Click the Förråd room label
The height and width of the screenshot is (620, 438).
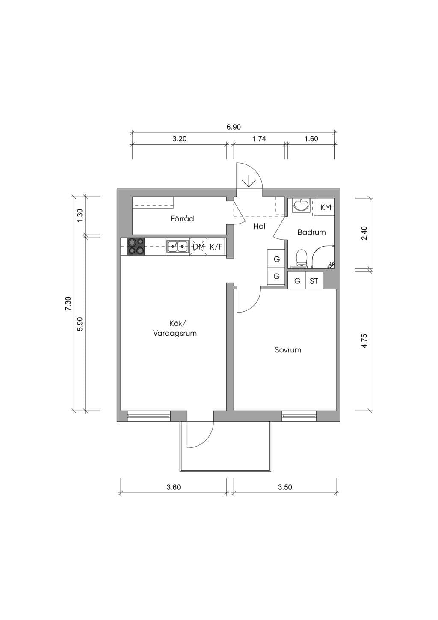pyautogui.click(x=182, y=219)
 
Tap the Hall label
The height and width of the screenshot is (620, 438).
pyautogui.click(x=260, y=226)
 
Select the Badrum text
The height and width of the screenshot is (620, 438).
pyautogui.click(x=311, y=232)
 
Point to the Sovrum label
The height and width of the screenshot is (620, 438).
pyautogui.click(x=287, y=349)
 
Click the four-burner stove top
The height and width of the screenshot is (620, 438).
pyautogui.click(x=136, y=246)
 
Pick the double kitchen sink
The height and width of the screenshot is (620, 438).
pyautogui.click(x=178, y=247)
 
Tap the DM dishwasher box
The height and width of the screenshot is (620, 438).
pyautogui.click(x=198, y=247)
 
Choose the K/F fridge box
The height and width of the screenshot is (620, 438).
pyautogui.click(x=216, y=247)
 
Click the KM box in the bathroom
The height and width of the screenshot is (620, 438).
pyautogui.click(x=326, y=207)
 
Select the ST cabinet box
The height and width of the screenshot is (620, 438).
pyautogui.click(x=314, y=281)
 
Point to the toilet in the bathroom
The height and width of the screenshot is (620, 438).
pyautogui.click(x=301, y=259)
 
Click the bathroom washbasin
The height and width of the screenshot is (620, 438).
pyautogui.click(x=301, y=206)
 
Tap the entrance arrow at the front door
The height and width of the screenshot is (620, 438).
pyautogui.click(x=249, y=181)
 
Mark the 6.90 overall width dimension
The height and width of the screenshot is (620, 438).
pyautogui.click(x=234, y=127)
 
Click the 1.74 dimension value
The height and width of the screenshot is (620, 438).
pyautogui.click(x=259, y=139)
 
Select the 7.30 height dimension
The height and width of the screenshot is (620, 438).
pyautogui.click(x=68, y=304)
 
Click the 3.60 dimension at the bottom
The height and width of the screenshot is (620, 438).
pyautogui.click(x=173, y=487)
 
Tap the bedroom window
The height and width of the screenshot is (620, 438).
pyautogui.click(x=299, y=416)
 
